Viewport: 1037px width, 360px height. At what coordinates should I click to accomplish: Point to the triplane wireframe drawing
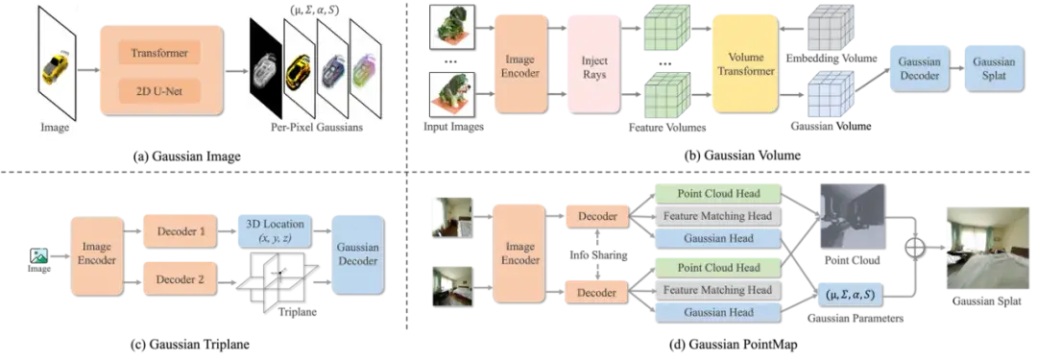coord(279,276)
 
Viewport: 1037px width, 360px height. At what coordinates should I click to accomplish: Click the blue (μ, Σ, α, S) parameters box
coord(850,295)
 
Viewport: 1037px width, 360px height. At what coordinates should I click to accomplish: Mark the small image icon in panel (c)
coord(37,256)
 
